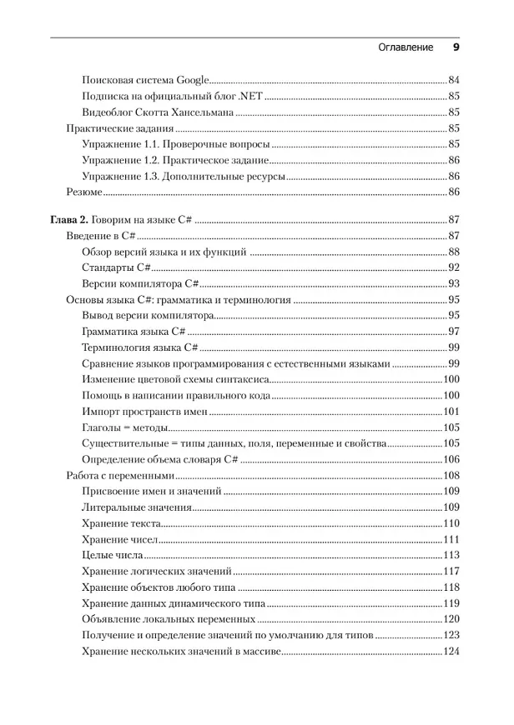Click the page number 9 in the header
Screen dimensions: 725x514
[x=456, y=47]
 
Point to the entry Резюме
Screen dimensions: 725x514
[x=83, y=192]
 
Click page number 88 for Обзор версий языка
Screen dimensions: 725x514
[x=454, y=252]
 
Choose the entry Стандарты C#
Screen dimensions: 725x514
[x=116, y=267]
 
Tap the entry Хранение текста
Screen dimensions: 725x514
[x=120, y=523]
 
